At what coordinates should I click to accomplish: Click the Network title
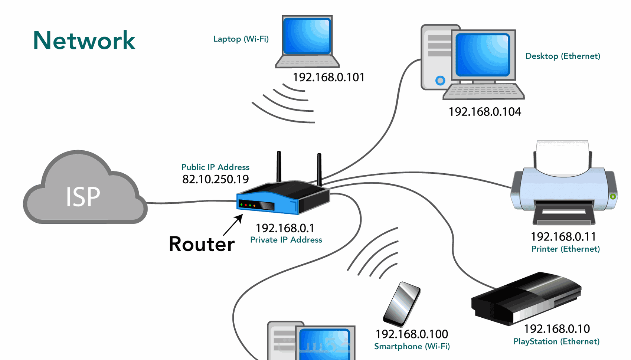click(84, 40)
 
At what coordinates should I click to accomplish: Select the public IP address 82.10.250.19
click(215, 179)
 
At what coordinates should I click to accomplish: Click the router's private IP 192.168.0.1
click(285, 228)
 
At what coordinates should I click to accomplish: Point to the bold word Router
click(202, 244)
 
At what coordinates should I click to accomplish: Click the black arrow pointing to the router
click(233, 225)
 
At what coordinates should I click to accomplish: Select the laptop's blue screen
click(307, 36)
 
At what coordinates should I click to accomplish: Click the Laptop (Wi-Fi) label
click(241, 39)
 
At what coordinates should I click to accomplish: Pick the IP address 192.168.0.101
click(328, 77)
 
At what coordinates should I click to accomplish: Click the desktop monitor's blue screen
click(483, 55)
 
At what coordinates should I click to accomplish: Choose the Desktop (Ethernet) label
click(563, 56)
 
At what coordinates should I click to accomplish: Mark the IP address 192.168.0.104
click(485, 112)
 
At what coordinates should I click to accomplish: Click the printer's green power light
click(613, 196)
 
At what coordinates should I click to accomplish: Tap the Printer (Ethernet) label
click(565, 249)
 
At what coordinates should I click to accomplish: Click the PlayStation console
click(525, 299)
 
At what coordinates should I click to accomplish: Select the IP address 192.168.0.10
click(557, 329)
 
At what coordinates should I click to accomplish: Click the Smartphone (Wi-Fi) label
click(412, 346)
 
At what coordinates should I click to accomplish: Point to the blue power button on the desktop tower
click(440, 80)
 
